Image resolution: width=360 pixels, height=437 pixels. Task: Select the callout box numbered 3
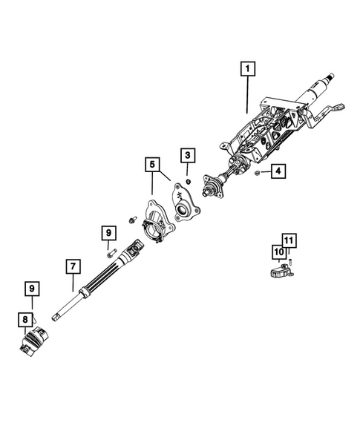(188, 155)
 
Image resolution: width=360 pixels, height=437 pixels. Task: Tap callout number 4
(277, 172)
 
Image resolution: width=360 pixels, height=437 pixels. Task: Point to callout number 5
(152, 162)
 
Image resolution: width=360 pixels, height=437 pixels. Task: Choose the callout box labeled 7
(72, 265)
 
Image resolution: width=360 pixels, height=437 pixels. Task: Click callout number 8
(25, 320)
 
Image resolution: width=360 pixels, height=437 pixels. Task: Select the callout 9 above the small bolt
(108, 233)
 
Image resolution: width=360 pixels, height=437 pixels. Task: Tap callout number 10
(280, 253)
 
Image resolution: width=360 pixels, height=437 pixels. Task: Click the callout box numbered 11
(289, 240)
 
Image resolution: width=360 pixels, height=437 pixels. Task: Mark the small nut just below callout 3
(189, 180)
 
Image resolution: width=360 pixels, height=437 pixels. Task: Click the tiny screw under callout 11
(292, 261)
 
